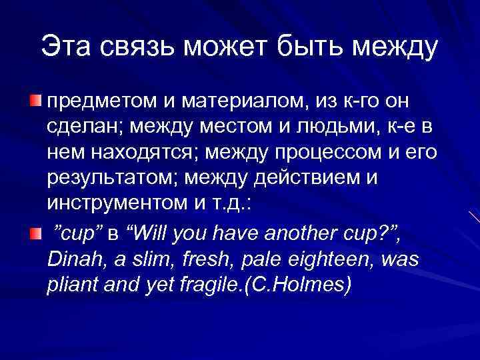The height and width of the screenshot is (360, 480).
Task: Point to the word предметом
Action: [100, 102]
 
